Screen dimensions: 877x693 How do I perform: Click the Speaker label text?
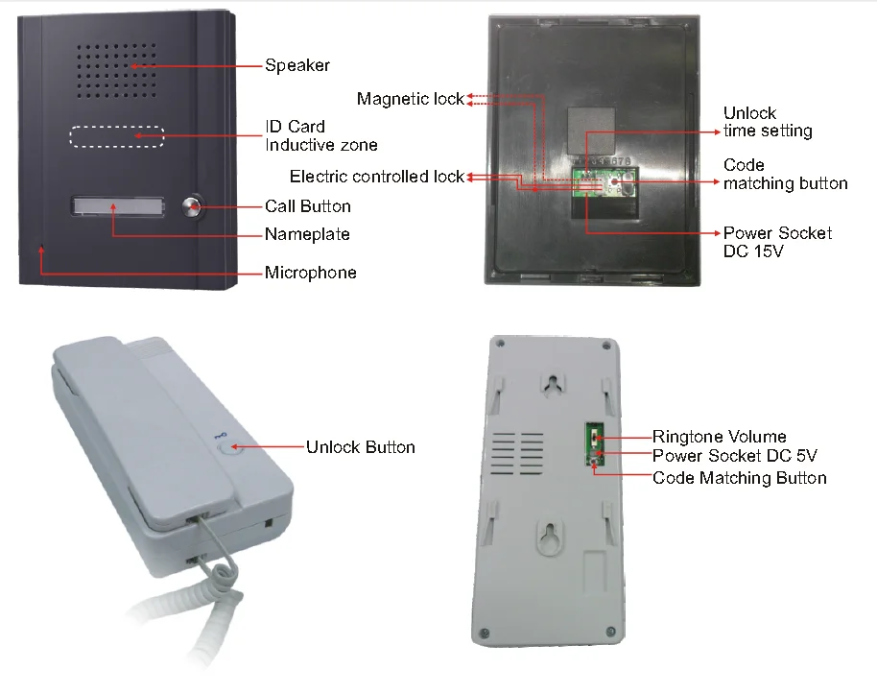coord(297,66)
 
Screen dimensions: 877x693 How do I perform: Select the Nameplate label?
coord(307,234)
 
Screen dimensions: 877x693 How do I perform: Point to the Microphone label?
coord(310,273)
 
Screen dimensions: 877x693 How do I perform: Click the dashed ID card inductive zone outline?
coord(116,137)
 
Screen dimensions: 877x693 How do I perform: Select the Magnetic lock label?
coord(410,99)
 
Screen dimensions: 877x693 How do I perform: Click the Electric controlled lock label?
coord(376,177)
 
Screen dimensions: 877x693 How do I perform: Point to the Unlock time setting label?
coord(768,122)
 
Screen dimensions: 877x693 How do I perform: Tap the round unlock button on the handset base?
coord(226,445)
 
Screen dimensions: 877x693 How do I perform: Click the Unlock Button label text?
coord(361,447)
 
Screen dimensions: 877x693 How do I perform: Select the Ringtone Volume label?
coord(719,438)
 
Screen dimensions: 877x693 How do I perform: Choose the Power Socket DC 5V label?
coord(734,456)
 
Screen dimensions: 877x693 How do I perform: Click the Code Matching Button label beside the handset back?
coord(739,477)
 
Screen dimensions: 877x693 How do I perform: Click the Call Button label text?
coord(308,206)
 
